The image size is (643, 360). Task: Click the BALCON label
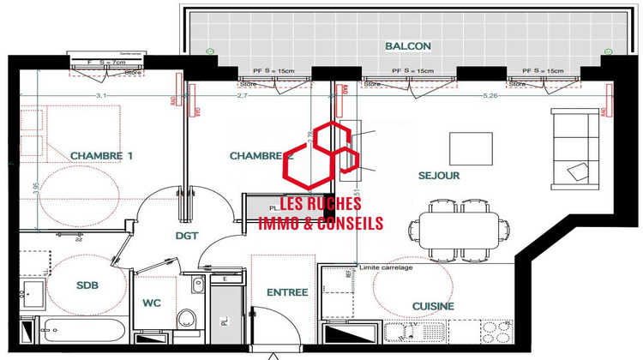[407, 45]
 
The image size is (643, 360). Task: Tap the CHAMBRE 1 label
[102, 155]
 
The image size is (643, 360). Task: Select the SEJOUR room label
[440, 176]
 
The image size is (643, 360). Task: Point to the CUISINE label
[433, 306]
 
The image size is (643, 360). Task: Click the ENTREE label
[287, 292]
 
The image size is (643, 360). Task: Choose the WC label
[152, 303]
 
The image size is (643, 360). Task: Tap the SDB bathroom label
[87, 286]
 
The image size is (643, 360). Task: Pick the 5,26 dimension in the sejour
[491, 96]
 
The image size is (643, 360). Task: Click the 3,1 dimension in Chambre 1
[100, 96]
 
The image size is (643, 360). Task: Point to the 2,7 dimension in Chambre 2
[242, 96]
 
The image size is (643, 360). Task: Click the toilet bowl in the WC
[188, 320]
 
